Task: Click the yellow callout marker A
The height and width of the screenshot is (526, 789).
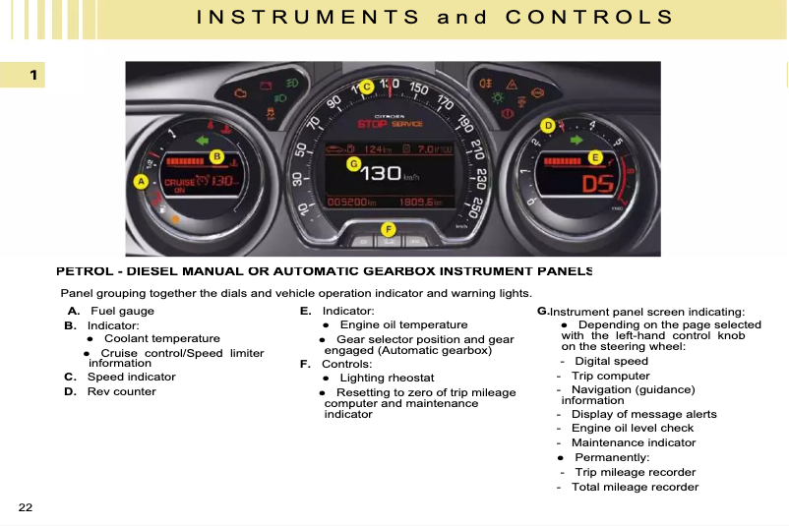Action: (141, 182)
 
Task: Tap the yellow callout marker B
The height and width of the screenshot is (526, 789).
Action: (217, 156)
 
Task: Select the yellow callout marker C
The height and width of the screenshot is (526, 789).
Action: (366, 88)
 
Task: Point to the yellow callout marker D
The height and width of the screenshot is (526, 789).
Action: (548, 126)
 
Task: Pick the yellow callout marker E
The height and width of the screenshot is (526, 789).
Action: (594, 157)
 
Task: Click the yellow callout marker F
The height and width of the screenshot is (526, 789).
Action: (389, 229)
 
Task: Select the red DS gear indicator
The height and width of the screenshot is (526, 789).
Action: (597, 184)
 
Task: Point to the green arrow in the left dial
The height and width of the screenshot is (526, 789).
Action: (204, 141)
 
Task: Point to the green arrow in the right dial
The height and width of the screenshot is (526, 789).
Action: (577, 140)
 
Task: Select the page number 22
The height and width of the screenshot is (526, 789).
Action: (25, 507)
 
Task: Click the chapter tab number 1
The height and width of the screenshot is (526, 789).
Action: (31, 75)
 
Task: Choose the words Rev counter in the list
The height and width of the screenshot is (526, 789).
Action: (121, 391)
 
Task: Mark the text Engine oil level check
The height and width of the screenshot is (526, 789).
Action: (632, 429)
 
